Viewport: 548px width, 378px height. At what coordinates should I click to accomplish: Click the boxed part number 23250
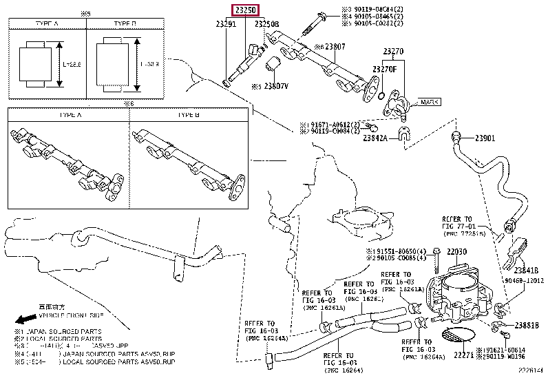click(x=244, y=11)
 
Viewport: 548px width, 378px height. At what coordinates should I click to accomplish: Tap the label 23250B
click(x=267, y=24)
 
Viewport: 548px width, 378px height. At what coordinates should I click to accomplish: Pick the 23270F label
click(x=383, y=70)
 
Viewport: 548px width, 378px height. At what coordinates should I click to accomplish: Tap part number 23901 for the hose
click(x=485, y=138)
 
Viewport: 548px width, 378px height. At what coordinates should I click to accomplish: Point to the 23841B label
click(x=525, y=271)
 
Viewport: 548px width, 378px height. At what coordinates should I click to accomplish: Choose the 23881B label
click(x=527, y=325)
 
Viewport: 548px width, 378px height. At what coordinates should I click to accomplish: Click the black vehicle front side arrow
click(x=26, y=320)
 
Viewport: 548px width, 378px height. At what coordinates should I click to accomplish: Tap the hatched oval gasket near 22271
click(x=456, y=337)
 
